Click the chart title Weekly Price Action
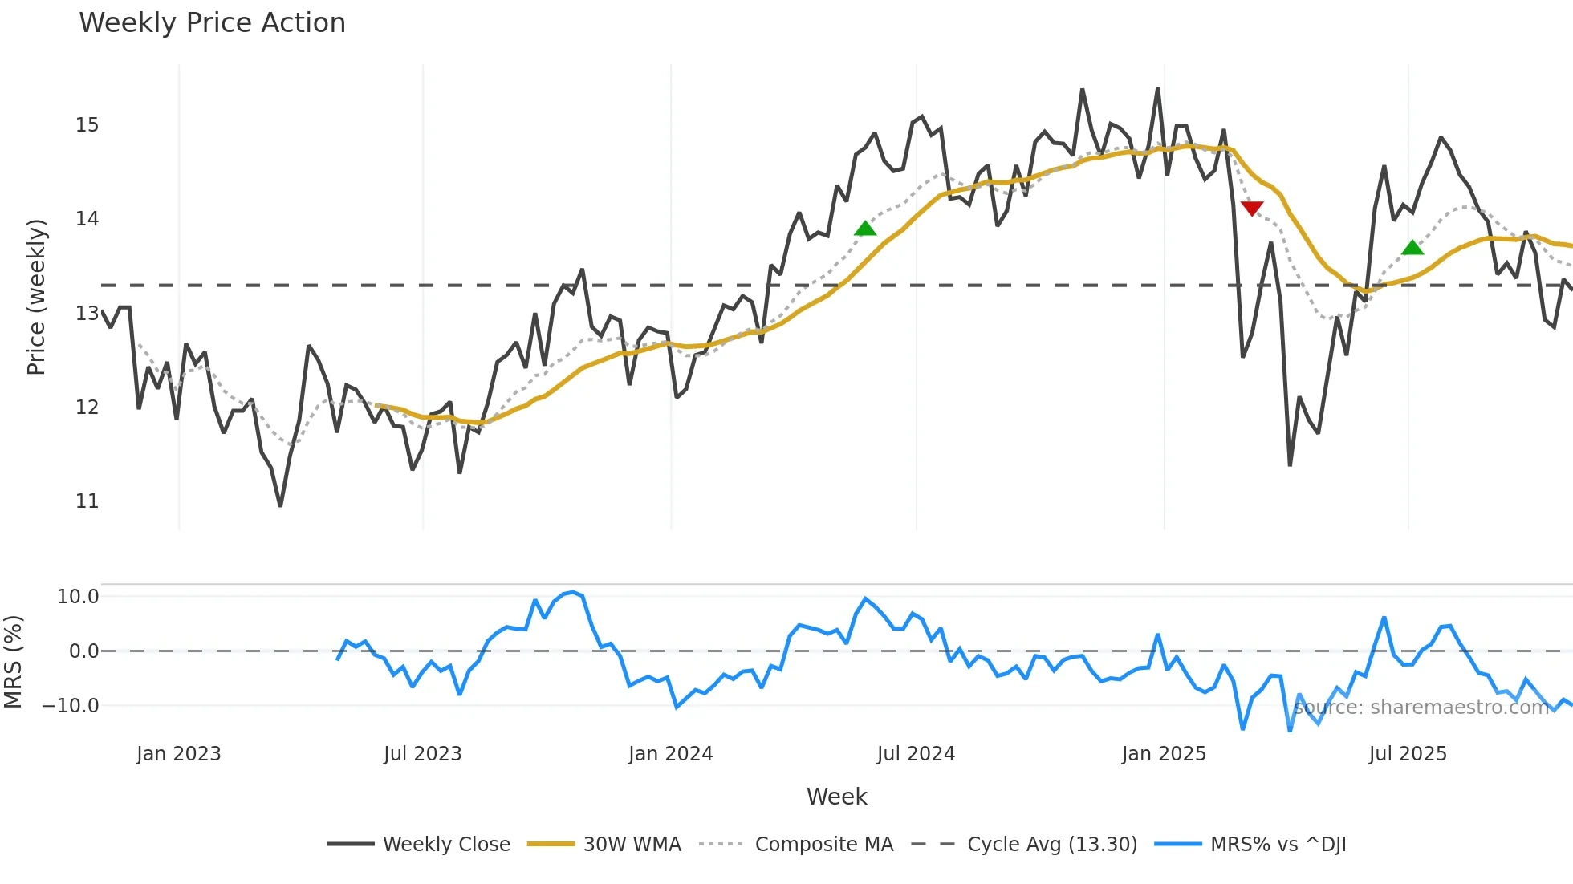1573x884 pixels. click(212, 23)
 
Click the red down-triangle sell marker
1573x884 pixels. click(1252, 209)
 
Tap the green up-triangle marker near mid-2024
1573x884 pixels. click(865, 229)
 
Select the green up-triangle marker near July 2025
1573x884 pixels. click(1412, 248)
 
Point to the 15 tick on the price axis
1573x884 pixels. click(87, 125)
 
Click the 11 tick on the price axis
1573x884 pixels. click(87, 501)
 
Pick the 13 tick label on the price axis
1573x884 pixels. click(87, 314)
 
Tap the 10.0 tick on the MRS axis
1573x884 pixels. click(78, 597)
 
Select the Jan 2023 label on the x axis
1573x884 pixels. click(178, 754)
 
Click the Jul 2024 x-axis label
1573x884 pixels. click(916, 754)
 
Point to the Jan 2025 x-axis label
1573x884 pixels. click(1164, 754)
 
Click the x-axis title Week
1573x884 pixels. click(836, 797)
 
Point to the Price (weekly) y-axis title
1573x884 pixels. click(36, 298)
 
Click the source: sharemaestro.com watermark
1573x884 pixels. click(1421, 708)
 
